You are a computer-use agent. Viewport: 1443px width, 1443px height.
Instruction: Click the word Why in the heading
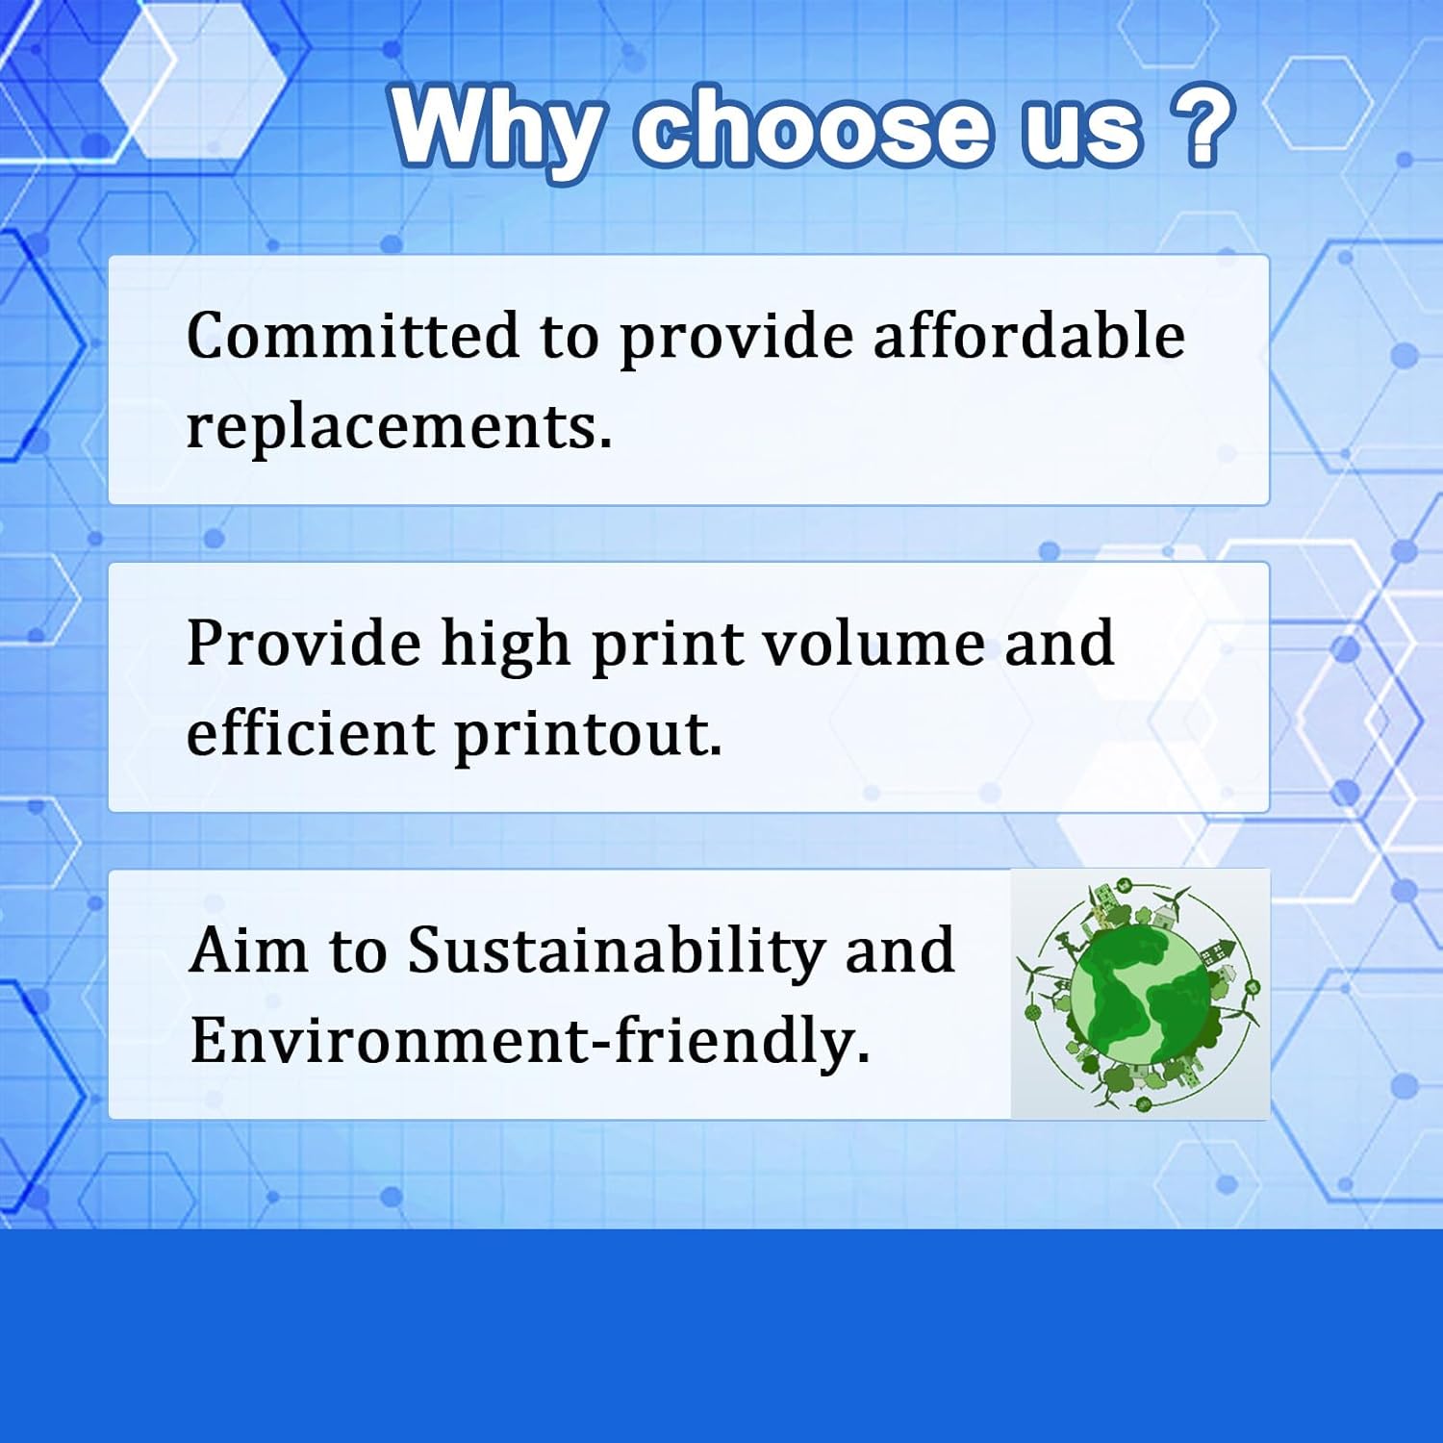pos(498,130)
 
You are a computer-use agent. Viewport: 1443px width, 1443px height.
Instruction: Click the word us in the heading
pos(1080,135)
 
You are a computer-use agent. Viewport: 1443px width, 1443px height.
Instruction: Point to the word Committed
pos(352,336)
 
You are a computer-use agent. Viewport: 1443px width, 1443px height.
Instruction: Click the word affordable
pos(1028,336)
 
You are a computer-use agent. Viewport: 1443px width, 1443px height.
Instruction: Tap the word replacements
pos(398,426)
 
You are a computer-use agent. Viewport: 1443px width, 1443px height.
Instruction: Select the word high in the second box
pos(506,644)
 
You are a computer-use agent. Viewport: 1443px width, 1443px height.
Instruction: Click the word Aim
pos(249,950)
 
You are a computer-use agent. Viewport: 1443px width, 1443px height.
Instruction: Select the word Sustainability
pos(616,951)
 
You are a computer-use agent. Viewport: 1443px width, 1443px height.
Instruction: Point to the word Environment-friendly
pos(529,1040)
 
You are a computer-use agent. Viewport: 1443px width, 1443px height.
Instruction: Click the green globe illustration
pos(1140,995)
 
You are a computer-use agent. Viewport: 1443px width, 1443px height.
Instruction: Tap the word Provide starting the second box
pos(304,643)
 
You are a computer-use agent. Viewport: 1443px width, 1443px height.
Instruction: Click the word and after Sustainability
pos(899,950)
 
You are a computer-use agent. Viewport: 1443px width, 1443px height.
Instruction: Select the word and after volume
pos(1059,643)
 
